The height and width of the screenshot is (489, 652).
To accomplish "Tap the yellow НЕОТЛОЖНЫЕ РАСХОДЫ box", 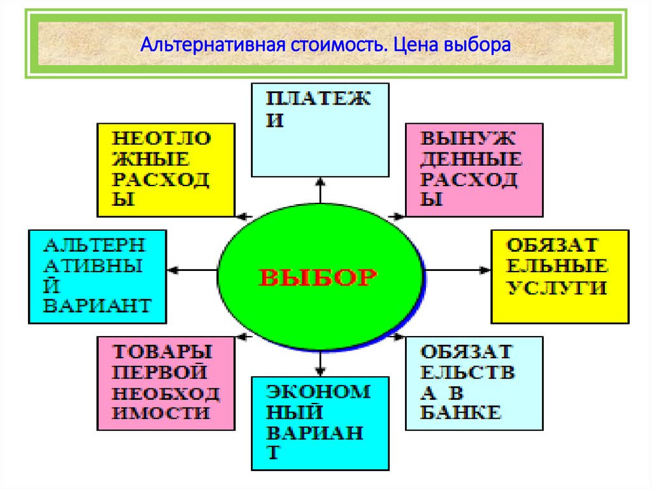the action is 165,170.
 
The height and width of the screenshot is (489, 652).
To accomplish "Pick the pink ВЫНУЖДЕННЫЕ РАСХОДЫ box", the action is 474,170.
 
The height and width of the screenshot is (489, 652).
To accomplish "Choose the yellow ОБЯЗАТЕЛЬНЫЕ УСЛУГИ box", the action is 560,276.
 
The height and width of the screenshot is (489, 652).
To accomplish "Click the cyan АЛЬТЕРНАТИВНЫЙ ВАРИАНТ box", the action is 97,276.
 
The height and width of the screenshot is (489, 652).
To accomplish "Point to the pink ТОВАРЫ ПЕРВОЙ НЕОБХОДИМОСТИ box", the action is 165,383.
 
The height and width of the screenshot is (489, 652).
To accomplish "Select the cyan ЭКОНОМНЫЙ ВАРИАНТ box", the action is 320,423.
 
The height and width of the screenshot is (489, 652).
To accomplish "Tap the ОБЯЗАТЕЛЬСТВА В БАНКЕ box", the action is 474,383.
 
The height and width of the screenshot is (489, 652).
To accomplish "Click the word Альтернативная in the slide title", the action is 213,47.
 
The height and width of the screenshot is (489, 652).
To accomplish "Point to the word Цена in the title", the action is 412,47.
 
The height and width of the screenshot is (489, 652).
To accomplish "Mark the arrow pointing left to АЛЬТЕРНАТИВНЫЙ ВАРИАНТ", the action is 191,271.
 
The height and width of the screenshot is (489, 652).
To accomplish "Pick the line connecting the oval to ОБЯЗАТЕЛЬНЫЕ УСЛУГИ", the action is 457,271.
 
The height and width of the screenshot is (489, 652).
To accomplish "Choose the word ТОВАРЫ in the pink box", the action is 162,351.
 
